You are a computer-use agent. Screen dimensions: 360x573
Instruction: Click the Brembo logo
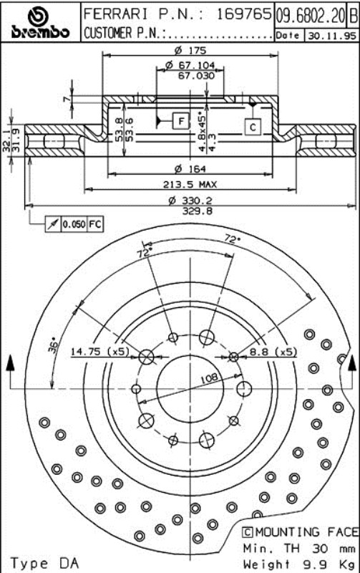tap(40, 24)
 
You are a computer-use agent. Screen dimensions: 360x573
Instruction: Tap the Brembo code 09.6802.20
tap(311, 16)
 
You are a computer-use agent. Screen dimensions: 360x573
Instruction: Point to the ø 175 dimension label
tap(190, 50)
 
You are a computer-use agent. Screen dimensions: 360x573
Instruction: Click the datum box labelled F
tap(181, 120)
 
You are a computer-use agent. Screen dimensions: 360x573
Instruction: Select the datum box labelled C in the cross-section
tap(253, 127)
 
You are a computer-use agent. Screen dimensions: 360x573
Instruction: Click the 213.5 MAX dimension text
tap(190, 184)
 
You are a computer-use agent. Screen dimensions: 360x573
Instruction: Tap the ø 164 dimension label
tap(190, 168)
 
